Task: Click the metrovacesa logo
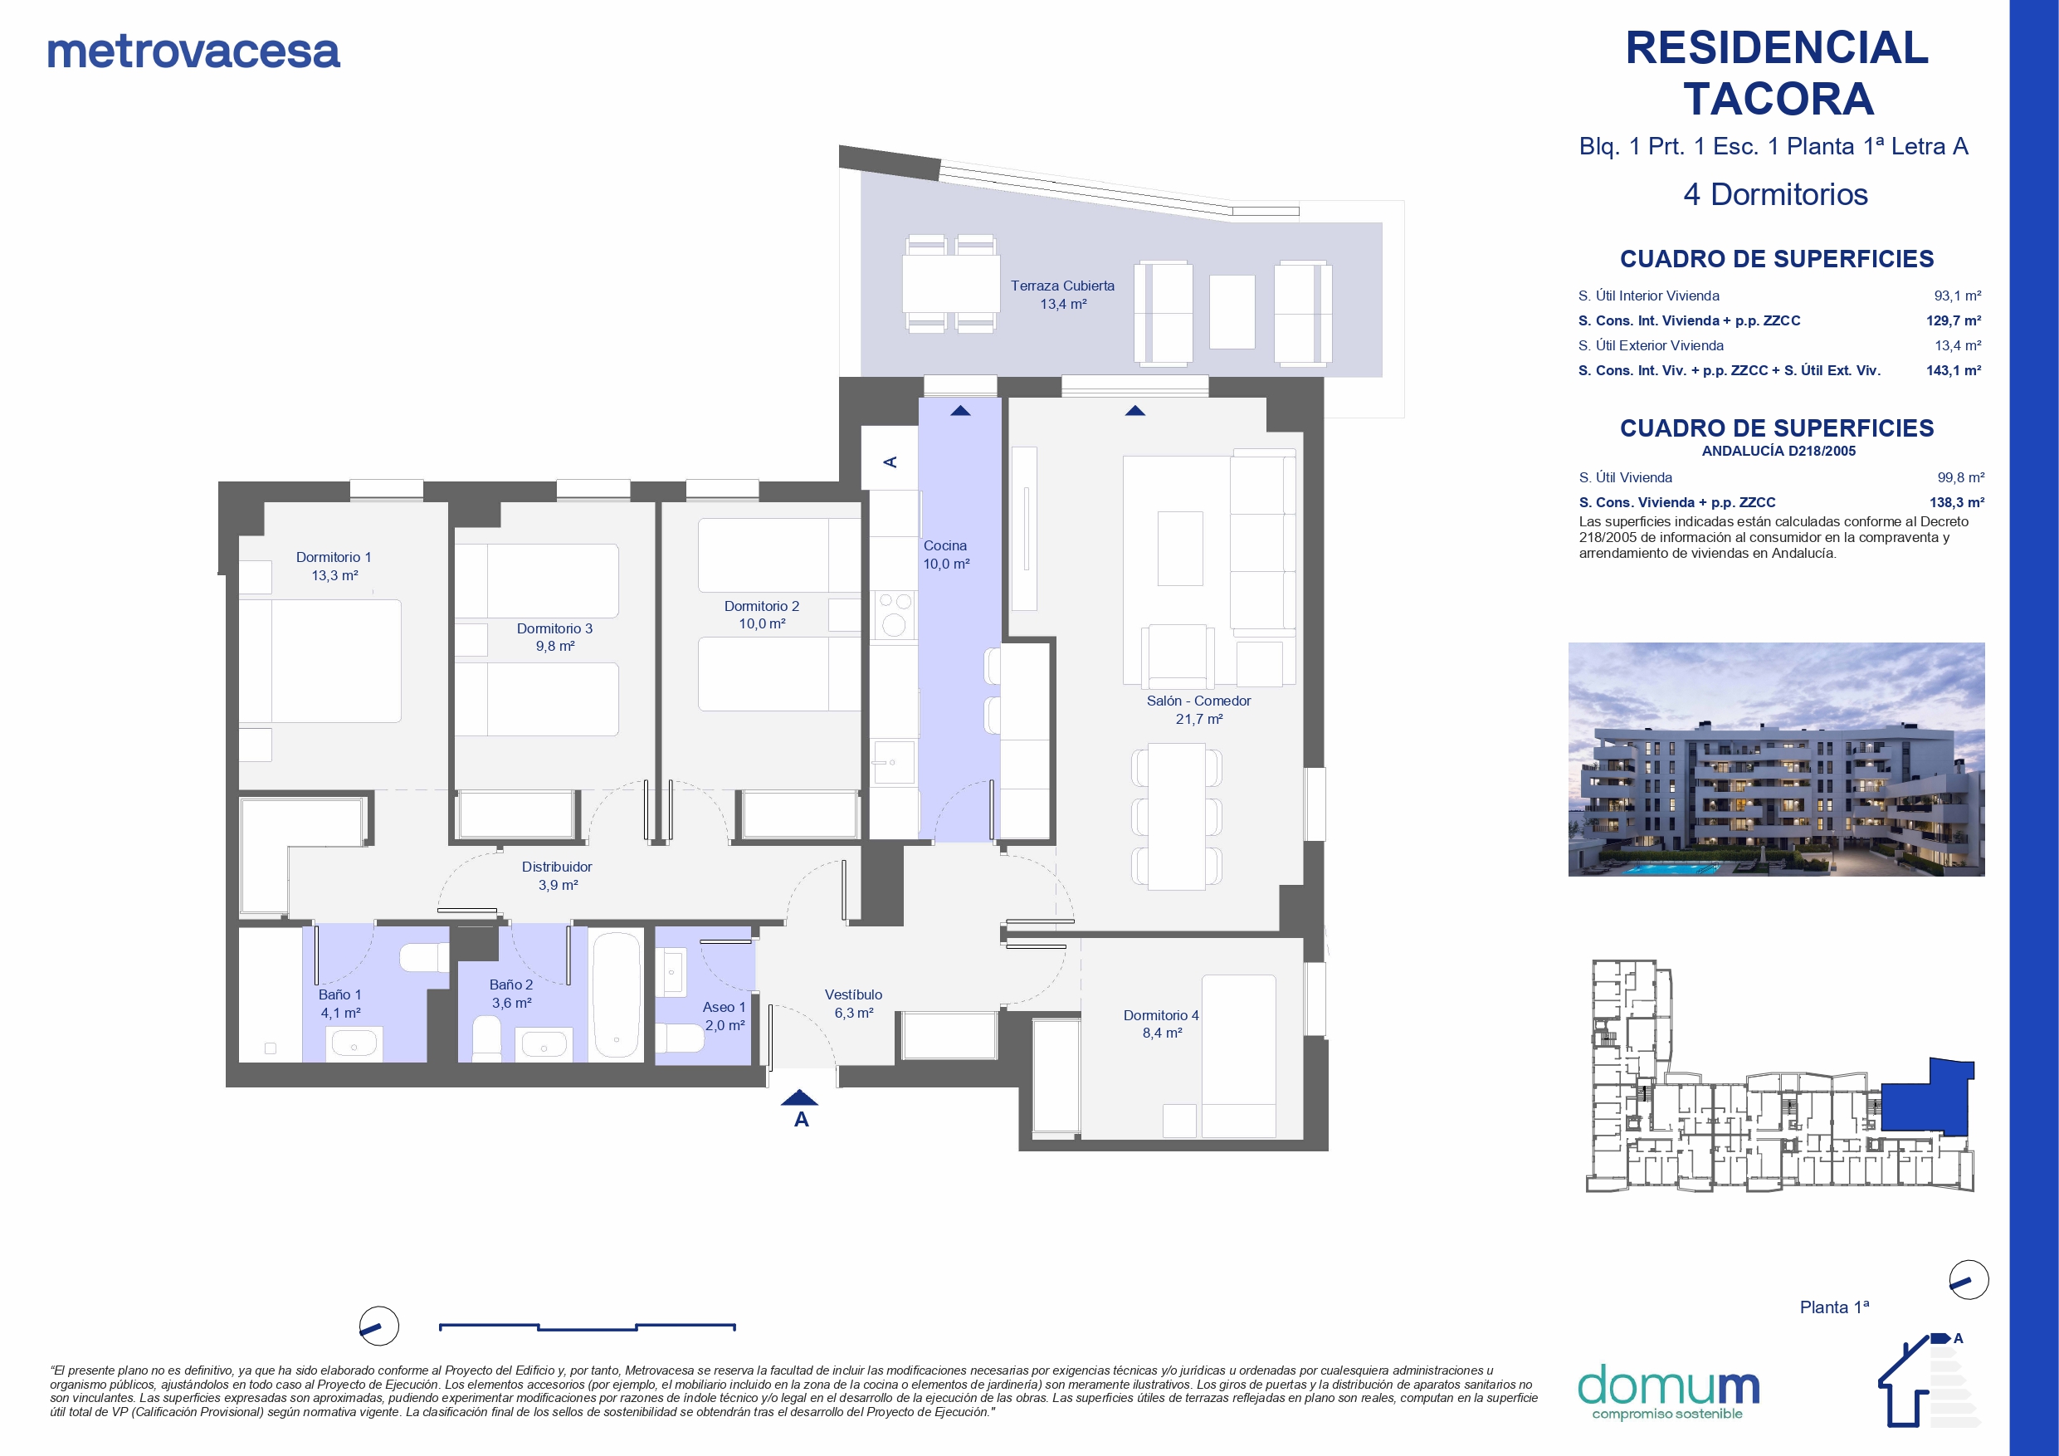tap(193, 51)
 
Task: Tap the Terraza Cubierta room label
tap(1062, 294)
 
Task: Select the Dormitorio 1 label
tap(334, 566)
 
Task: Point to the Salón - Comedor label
tap(1198, 710)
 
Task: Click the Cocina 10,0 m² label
tap(946, 555)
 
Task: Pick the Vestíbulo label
tap(854, 1004)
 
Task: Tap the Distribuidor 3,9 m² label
tap(557, 876)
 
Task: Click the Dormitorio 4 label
tap(1161, 1024)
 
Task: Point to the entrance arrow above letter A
tap(799, 1097)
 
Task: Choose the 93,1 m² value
tap(1958, 296)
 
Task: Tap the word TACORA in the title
tap(1778, 99)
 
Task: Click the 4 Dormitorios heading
tap(1776, 195)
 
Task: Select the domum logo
tap(1668, 1391)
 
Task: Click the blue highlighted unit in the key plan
tap(1926, 1100)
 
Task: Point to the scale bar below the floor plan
tap(588, 1327)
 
